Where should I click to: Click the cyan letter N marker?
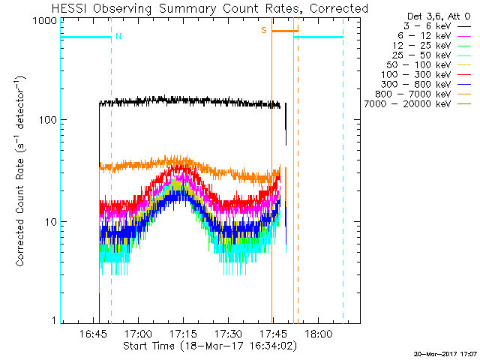tap(118, 36)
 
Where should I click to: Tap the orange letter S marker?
tap(264, 30)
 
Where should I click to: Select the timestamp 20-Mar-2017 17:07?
tap(445, 353)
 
